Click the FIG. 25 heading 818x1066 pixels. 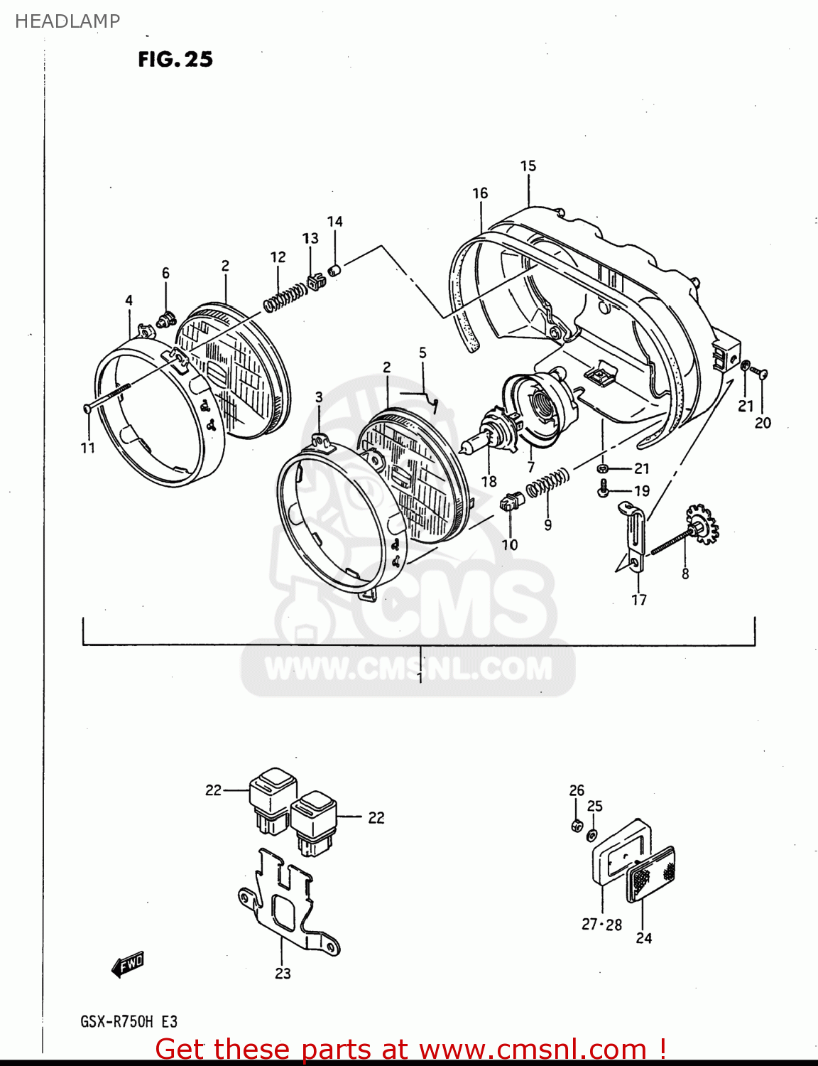(175, 59)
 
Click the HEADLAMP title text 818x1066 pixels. (67, 21)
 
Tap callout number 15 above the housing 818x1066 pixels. (528, 166)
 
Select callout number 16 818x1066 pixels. (480, 193)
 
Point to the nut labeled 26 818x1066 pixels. (577, 825)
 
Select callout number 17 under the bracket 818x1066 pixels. (639, 600)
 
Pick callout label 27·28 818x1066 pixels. (601, 925)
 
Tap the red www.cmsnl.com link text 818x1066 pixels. (532, 1049)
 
